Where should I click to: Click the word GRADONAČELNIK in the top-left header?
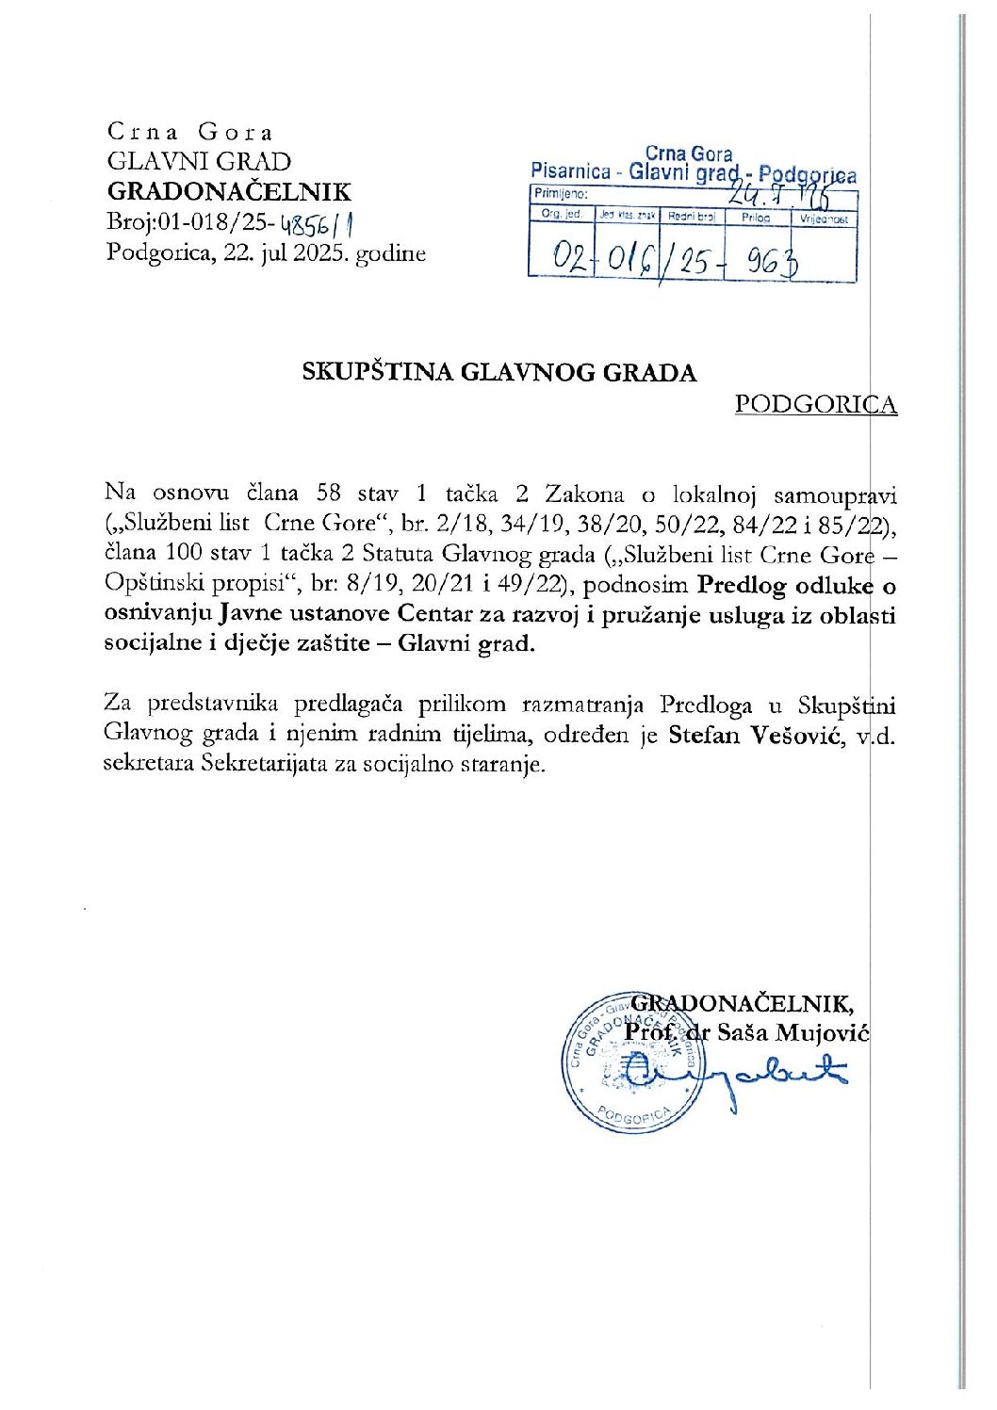click(229, 192)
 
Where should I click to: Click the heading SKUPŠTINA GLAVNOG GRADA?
click(499, 372)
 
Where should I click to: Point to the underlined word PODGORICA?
click(815, 404)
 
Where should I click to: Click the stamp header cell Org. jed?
click(562, 215)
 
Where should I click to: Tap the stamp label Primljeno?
click(561, 194)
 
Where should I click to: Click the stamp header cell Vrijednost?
click(825, 219)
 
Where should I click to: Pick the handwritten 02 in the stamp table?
click(568, 257)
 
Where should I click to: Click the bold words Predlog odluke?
click(784, 585)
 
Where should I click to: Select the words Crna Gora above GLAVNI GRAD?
click(189, 132)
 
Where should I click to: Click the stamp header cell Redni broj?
click(692, 217)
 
